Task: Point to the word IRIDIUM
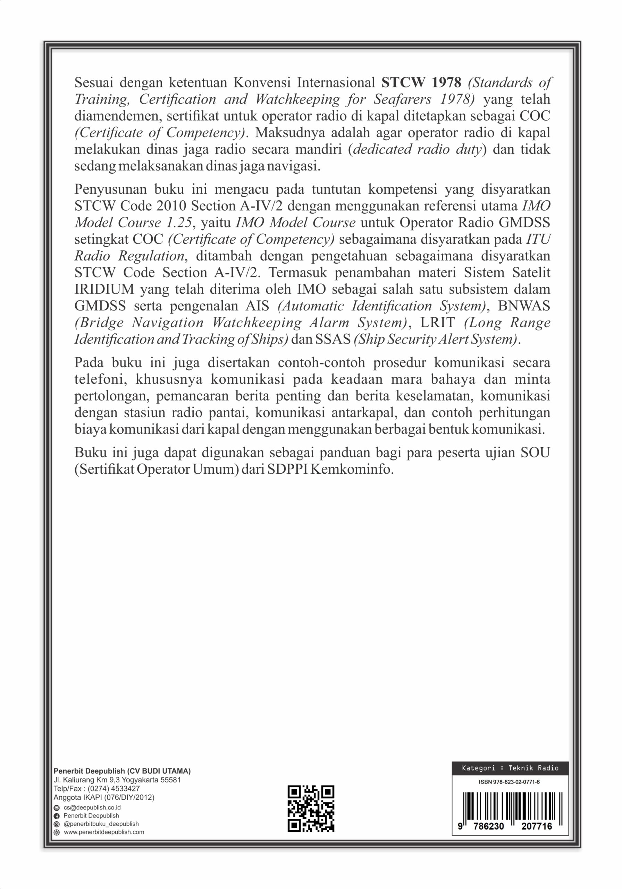[x=104, y=289]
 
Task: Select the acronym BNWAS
[x=524, y=306]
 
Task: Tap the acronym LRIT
[x=437, y=323]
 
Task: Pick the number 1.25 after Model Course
[x=179, y=223]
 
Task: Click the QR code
[x=311, y=808]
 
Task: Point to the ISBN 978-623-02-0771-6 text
[x=509, y=782]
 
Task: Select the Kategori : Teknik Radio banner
[x=510, y=768]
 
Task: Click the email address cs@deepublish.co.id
[x=92, y=808]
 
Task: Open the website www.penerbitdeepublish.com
[x=104, y=832]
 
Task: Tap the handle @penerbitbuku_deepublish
[x=104, y=824]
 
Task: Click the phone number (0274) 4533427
[x=114, y=788]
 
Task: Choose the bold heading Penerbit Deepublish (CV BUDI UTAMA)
[x=122, y=771]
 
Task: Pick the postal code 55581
[x=171, y=780]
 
